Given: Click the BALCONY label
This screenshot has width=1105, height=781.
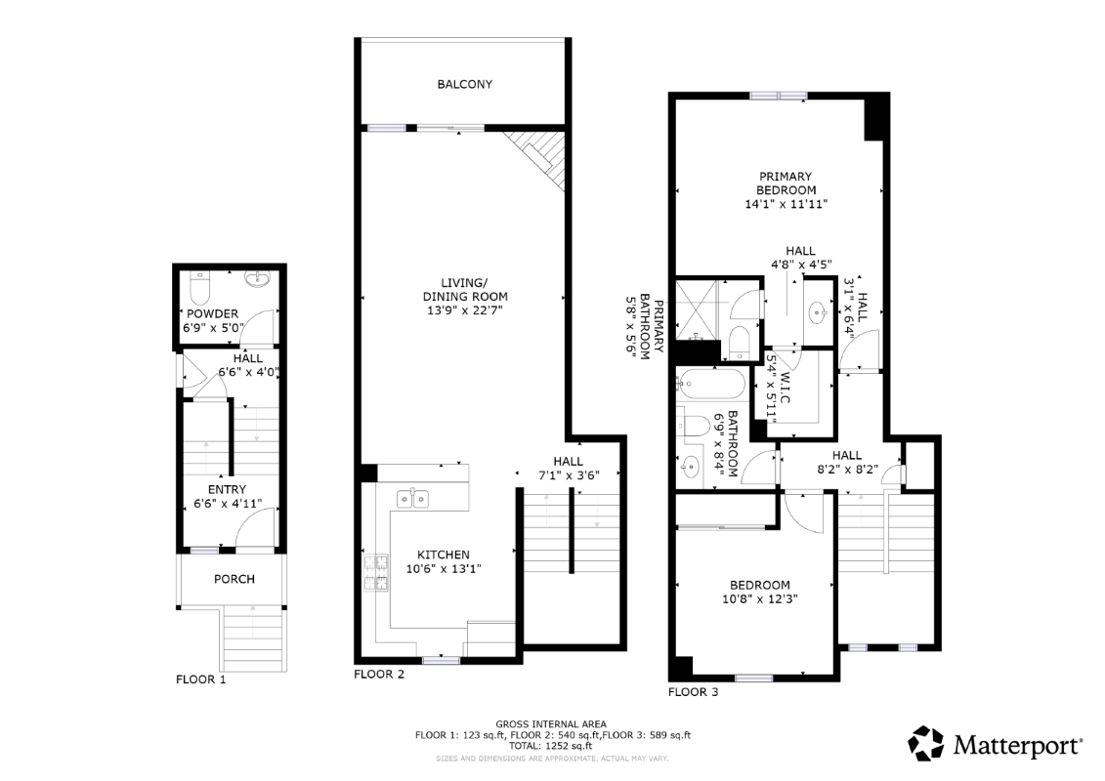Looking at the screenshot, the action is (464, 85).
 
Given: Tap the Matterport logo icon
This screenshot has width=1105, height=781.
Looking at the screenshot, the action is (925, 744).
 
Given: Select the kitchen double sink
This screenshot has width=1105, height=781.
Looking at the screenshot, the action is (412, 499).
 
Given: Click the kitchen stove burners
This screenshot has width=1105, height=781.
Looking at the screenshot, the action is (375, 572).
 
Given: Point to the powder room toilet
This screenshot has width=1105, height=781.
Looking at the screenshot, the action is (201, 288).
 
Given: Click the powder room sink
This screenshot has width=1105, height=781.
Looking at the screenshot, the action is (257, 279).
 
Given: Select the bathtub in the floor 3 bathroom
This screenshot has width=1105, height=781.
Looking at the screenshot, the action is (709, 385).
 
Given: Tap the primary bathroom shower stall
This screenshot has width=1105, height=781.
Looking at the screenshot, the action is (697, 309).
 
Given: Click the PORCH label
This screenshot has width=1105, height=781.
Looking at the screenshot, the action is (234, 580).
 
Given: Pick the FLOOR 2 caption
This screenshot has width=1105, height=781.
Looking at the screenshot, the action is (379, 675).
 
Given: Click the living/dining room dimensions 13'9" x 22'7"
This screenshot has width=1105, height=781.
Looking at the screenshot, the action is (465, 310).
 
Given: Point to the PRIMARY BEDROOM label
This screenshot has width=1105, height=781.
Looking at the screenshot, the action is (786, 184).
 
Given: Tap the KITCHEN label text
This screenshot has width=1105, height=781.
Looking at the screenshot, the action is (444, 555).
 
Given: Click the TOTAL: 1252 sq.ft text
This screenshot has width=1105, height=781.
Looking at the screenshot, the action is (551, 746).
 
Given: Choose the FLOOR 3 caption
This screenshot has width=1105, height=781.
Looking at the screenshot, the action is (694, 692).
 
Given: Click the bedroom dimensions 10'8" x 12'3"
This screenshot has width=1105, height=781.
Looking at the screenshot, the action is (760, 599).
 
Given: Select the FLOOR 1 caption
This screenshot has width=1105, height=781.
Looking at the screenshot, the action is (201, 679).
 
